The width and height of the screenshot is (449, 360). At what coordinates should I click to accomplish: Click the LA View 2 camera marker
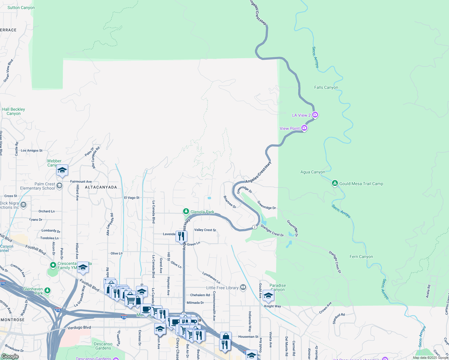click(x=315, y=115)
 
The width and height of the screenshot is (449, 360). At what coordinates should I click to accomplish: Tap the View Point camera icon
click(x=304, y=128)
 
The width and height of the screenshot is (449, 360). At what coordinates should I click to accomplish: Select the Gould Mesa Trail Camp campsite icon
click(x=335, y=183)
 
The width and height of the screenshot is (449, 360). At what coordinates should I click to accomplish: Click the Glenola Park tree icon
click(x=186, y=212)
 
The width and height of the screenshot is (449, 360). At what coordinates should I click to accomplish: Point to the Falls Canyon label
click(x=326, y=88)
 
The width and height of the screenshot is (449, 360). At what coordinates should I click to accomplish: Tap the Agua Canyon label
click(x=313, y=172)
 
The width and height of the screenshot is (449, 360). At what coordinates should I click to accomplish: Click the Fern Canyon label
click(x=361, y=257)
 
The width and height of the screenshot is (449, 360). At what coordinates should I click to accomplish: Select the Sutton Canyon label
click(x=21, y=8)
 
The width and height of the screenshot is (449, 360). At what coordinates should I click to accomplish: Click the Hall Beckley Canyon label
click(x=14, y=112)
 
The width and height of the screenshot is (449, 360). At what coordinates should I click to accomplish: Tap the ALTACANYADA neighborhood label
click(x=101, y=187)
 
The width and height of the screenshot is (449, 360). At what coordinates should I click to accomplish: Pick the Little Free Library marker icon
click(x=243, y=288)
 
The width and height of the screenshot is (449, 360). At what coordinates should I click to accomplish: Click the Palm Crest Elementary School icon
click(x=59, y=185)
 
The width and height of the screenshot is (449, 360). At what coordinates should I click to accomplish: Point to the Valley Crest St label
click(x=205, y=230)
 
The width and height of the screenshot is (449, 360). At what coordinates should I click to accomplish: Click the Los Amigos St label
click(x=32, y=151)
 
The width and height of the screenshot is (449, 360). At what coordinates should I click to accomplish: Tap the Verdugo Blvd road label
click(x=79, y=328)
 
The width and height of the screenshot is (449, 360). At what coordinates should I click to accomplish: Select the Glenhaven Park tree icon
click(x=47, y=290)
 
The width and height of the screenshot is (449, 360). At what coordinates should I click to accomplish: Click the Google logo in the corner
click(x=10, y=356)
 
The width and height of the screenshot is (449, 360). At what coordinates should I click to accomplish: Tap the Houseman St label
click(x=248, y=337)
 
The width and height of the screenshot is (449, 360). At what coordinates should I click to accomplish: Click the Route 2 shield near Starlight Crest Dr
click(x=255, y=227)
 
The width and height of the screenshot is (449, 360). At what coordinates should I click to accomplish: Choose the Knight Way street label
click(x=273, y=306)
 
